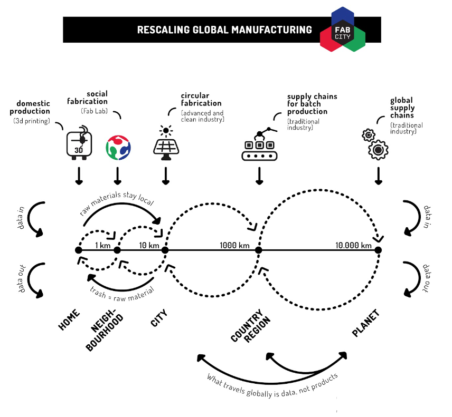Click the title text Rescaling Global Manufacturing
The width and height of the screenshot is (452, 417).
224,30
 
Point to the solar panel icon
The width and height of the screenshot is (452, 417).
166,141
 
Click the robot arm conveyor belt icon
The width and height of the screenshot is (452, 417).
259,143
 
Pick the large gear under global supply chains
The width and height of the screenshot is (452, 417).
378,150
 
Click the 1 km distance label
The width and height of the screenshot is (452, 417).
102,245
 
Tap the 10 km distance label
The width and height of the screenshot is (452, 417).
149,245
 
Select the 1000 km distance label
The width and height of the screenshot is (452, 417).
235,245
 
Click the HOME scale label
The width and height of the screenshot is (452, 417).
69,319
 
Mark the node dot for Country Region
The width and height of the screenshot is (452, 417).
259,250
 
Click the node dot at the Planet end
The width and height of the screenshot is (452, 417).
378,250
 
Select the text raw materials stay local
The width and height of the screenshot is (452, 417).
117,202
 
